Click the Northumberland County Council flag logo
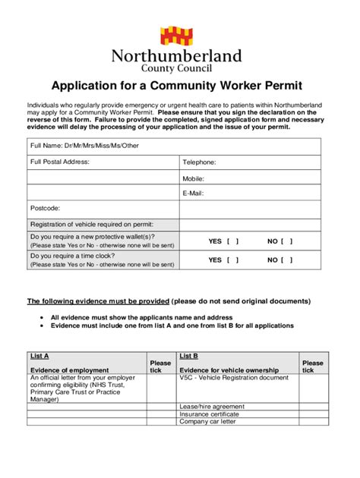pos(179,35)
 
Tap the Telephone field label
pos(199,162)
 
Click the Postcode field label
pos(45,207)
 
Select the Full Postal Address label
pos(60,162)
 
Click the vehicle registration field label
pos(91,224)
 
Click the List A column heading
pos(39,355)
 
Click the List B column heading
pos(189,355)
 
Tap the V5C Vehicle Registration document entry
pos(234,377)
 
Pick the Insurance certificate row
pos(209,414)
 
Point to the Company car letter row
pos(207,422)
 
